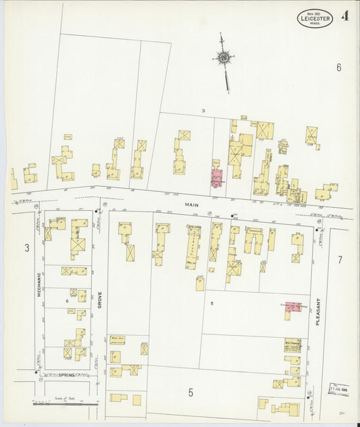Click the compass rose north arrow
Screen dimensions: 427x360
[223, 59]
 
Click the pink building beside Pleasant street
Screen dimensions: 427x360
[292, 307]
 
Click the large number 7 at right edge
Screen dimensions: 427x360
[340, 259]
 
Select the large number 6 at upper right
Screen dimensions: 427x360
[339, 67]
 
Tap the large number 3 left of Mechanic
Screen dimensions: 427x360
[27, 248]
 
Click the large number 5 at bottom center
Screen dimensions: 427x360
[190, 392]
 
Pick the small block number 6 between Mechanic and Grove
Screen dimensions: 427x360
[67, 301]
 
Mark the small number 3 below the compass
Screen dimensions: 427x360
[202, 110]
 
